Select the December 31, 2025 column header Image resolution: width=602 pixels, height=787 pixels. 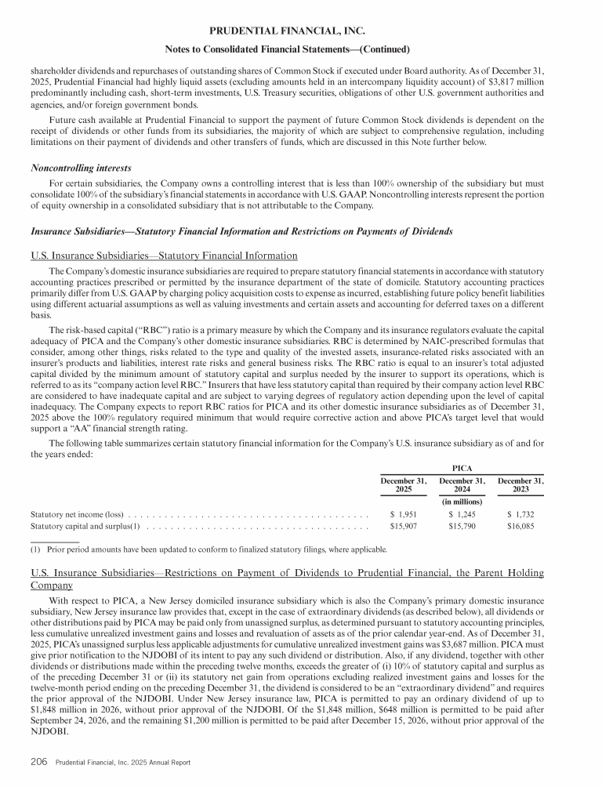(x=403, y=484)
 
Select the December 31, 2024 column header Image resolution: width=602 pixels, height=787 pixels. (x=462, y=484)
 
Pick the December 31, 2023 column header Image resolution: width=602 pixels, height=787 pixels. (x=520, y=484)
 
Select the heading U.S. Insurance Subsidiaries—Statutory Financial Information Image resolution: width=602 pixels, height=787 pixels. (x=163, y=256)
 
